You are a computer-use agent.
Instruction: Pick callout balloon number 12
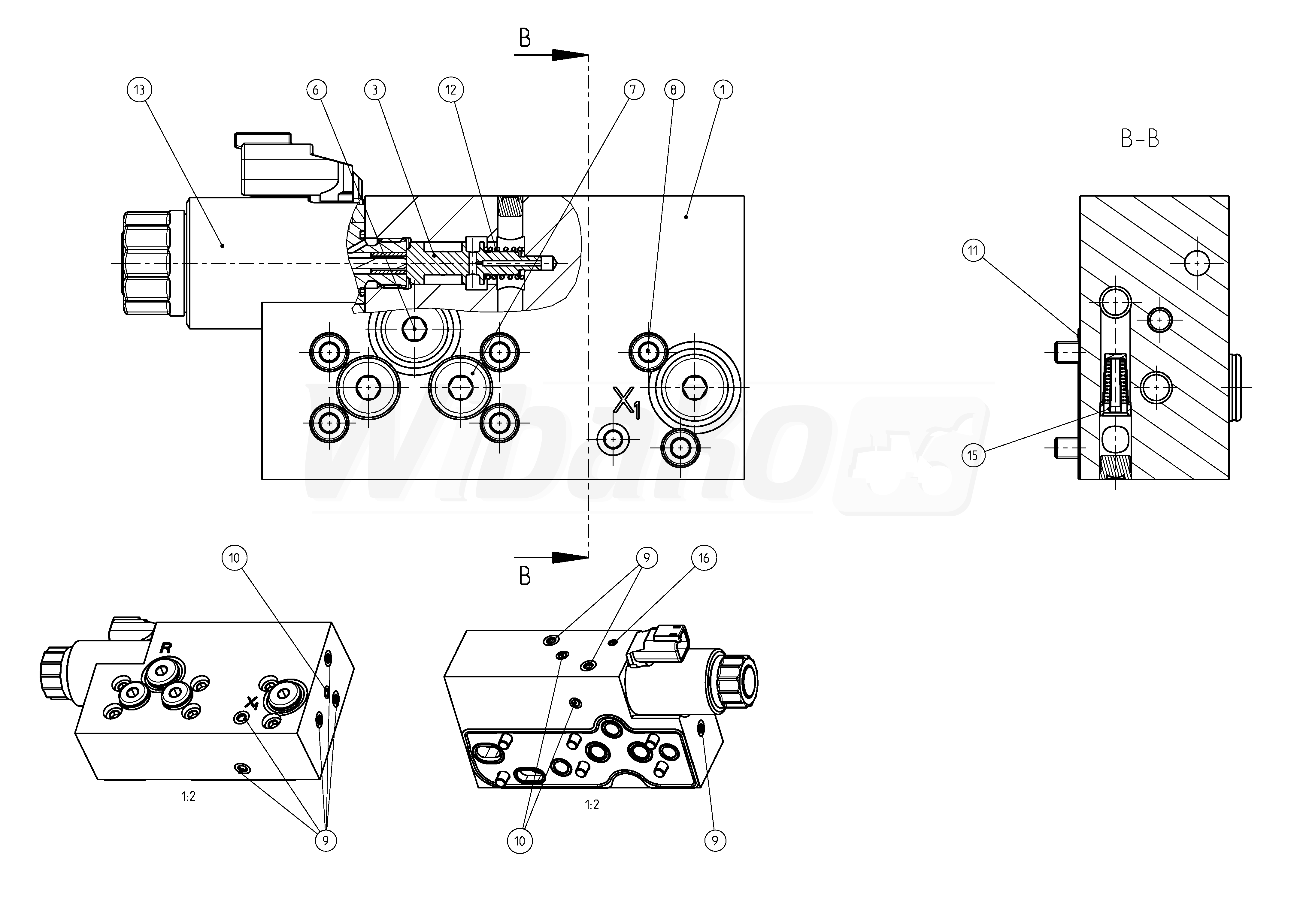click(450, 89)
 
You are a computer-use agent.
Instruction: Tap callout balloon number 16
click(704, 558)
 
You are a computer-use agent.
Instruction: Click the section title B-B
click(1140, 138)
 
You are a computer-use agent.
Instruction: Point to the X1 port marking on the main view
click(626, 402)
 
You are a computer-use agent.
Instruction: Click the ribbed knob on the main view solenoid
click(146, 263)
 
